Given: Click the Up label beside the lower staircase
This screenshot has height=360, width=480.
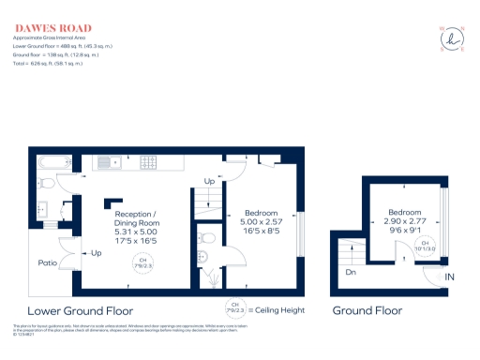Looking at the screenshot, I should coord(209,180).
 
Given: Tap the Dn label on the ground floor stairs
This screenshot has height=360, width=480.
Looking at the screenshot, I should coord(349,274).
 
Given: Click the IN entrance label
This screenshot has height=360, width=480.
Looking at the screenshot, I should coord(449,277).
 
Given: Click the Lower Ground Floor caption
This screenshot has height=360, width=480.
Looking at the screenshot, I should coord(80,310).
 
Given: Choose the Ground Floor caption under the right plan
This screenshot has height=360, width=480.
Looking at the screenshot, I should coord(367,310).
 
